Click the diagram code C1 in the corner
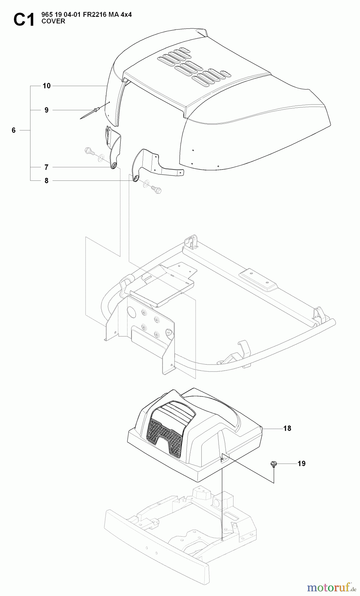pos(24,20)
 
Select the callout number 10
pos(47,86)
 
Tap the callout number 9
pos(47,110)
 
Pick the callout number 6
pos(14,130)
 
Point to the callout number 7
pos(47,168)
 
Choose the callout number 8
pos(47,181)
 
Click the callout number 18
pos(287,428)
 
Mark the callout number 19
pos(301,464)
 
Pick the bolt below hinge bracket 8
pos(154,189)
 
